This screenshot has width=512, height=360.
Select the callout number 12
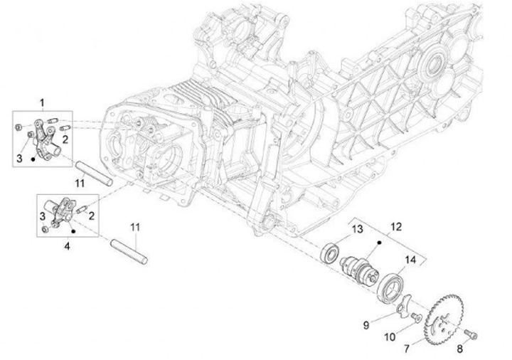[x=397, y=226]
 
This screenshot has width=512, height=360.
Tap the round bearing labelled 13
[x=332, y=251]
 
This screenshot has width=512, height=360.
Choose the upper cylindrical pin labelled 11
[x=95, y=173]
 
